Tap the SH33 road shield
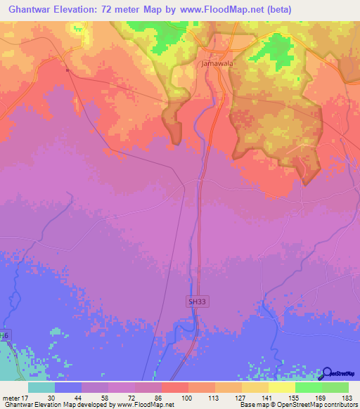pos(197,301)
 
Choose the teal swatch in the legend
pos(41,387)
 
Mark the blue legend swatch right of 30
pos(68,387)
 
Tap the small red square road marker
pos(67,70)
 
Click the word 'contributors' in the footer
pos(338,405)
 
